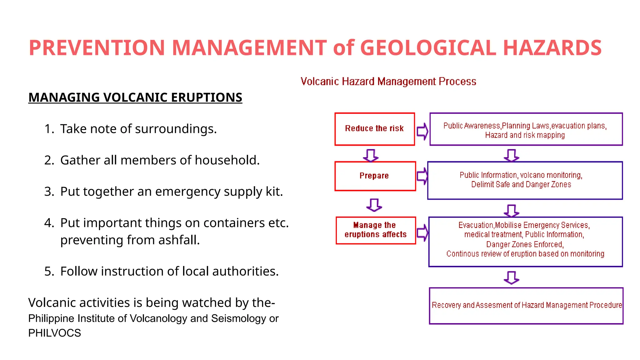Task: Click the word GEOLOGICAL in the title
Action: [x=428, y=48]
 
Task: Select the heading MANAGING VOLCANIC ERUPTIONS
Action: [x=135, y=97]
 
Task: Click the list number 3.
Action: [x=49, y=192]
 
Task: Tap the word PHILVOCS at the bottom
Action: [x=54, y=333]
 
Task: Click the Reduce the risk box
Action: [x=374, y=129]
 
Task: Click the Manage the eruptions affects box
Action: [x=375, y=230]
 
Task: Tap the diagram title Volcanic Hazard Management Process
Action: [x=388, y=82]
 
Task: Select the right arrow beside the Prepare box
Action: [x=422, y=176]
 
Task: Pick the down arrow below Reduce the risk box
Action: [x=371, y=155]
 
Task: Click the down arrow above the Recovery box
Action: [x=511, y=277]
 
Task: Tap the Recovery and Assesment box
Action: [x=526, y=305]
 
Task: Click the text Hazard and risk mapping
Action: [x=525, y=135]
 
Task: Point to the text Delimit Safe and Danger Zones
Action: [x=521, y=185]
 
